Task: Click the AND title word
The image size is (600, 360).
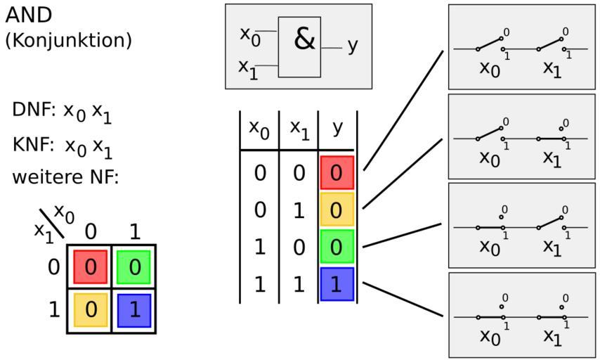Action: [29, 15]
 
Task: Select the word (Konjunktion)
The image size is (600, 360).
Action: [68, 40]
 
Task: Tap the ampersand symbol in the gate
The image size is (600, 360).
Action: [304, 39]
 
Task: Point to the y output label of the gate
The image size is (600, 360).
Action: [353, 47]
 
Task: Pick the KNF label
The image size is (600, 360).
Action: [33, 145]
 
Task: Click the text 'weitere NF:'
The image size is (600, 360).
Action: [65, 177]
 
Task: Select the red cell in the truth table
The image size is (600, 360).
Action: [337, 173]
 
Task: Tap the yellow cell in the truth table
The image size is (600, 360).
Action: [337, 210]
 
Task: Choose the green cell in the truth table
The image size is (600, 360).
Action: [337, 247]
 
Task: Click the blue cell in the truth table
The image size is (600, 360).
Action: [337, 284]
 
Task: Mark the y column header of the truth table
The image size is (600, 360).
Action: [337, 128]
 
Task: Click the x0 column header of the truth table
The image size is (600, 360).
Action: [259, 129]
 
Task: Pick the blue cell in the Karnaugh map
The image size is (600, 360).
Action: [134, 311]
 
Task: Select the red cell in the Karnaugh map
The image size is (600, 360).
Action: [91, 267]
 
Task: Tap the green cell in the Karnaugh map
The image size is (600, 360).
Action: [134, 267]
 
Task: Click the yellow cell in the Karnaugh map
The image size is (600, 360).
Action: [91, 310]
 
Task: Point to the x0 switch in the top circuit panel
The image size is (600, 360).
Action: [490, 44]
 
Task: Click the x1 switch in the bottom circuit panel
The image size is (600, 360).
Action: [552, 317]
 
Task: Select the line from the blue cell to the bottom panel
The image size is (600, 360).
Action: [403, 300]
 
